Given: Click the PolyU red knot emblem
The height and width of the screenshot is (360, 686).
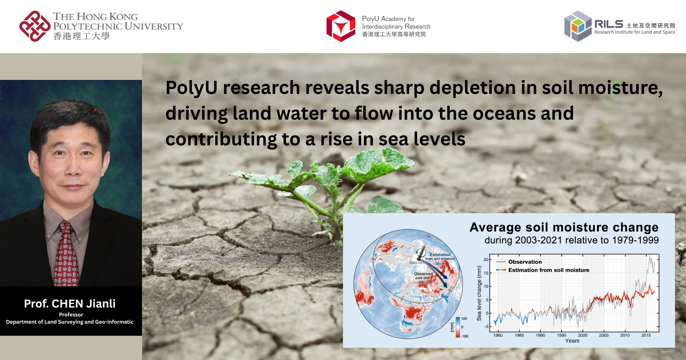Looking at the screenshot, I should tap(35, 26).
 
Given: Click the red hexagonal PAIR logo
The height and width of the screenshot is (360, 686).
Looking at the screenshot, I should tap(341, 26).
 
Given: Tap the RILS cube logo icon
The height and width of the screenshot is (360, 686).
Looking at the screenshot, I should tap(578, 26).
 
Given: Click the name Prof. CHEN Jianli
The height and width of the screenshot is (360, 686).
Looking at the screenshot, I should tap(70, 304).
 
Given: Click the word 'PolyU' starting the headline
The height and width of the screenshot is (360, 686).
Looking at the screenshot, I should tap(191, 88).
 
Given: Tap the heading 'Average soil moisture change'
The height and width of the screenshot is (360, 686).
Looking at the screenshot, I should tap(564, 227).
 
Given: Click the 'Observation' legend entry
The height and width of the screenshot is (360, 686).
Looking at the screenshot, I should tap(525, 262).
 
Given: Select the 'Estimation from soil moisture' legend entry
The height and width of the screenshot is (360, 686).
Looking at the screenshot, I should tap(548, 270).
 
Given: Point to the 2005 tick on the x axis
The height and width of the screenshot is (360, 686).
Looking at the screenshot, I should tap(604, 335).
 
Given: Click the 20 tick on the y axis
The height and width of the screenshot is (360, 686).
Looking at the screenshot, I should tap(486, 260).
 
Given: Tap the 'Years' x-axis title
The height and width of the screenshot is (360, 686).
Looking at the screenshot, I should tap(572, 341).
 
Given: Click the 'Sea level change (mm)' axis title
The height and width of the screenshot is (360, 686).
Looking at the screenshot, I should tap(479, 293).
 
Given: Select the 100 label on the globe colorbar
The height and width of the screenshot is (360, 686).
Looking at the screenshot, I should tap(464, 319).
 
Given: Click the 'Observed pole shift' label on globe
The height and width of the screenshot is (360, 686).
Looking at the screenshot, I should tap(423, 276).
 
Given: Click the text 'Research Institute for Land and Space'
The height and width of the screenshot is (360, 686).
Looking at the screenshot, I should tap(635, 32).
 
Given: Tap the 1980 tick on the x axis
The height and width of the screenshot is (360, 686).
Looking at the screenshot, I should tap(498, 335).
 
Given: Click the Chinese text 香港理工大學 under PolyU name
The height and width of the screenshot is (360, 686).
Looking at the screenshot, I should tap(81, 36).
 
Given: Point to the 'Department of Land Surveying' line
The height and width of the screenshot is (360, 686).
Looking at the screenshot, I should tap(70, 322).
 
